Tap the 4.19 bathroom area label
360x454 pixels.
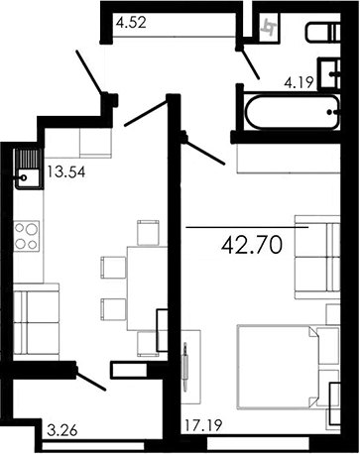pos(300,84)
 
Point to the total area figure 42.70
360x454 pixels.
pos(265,244)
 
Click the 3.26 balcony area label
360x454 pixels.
pos(64,431)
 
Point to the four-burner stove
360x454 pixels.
pos(26,236)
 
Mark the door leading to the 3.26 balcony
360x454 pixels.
pos(90,379)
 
